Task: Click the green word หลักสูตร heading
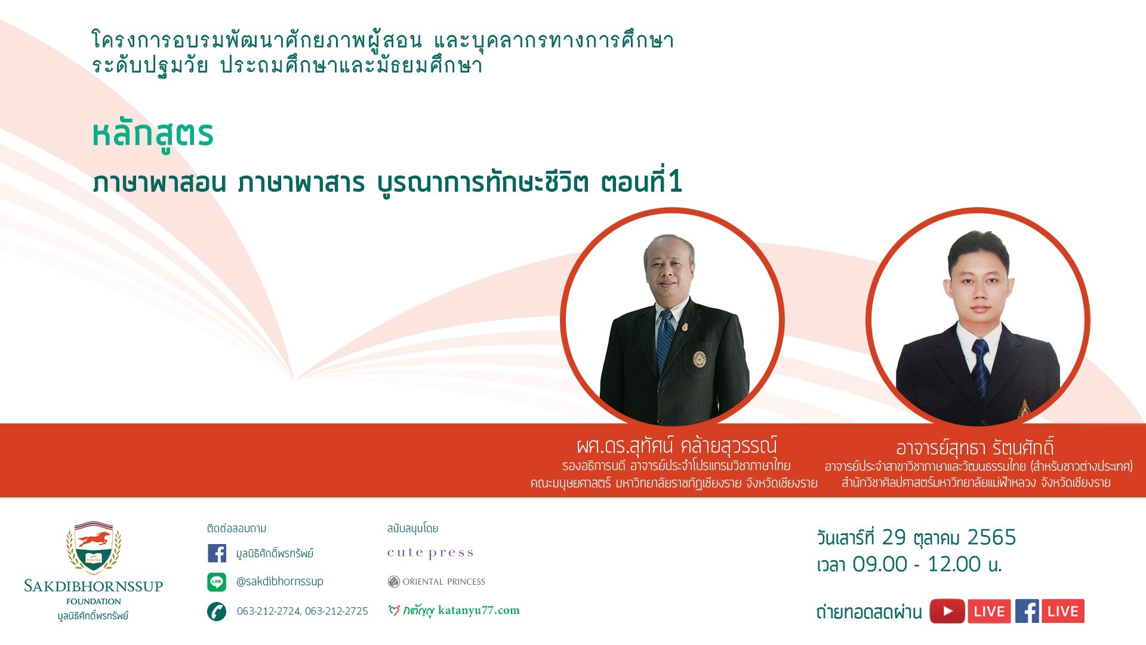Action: click(x=153, y=135)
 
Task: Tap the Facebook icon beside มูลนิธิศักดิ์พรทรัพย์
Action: click(x=217, y=553)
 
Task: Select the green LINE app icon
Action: click(x=217, y=582)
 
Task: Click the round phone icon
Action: click(x=217, y=612)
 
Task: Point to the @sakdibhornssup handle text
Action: click(x=279, y=581)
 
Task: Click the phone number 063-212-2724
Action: click(x=269, y=611)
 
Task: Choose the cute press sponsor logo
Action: click(x=430, y=553)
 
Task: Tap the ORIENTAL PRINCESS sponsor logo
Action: click(x=436, y=582)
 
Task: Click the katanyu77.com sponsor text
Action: click(x=479, y=610)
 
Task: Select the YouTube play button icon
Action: click(x=947, y=611)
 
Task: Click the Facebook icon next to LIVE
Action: click(x=1027, y=611)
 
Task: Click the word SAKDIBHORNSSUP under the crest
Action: click(x=94, y=586)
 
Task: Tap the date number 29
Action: click(x=894, y=537)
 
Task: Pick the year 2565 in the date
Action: click(x=991, y=537)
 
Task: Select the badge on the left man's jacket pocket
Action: click(x=700, y=359)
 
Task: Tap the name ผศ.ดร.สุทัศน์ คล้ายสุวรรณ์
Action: click(x=677, y=446)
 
